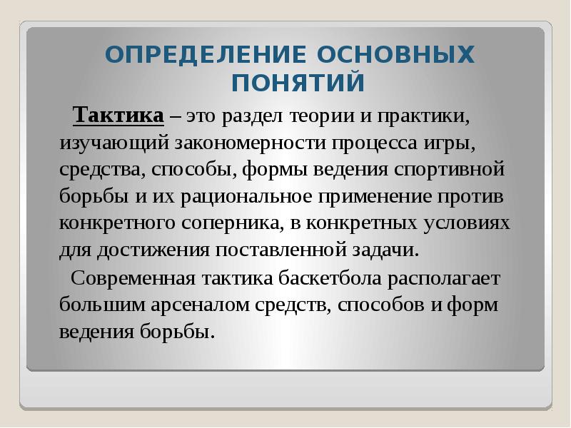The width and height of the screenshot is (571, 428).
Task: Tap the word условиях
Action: coord(465,223)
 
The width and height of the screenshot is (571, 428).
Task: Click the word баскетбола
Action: coord(325,278)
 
